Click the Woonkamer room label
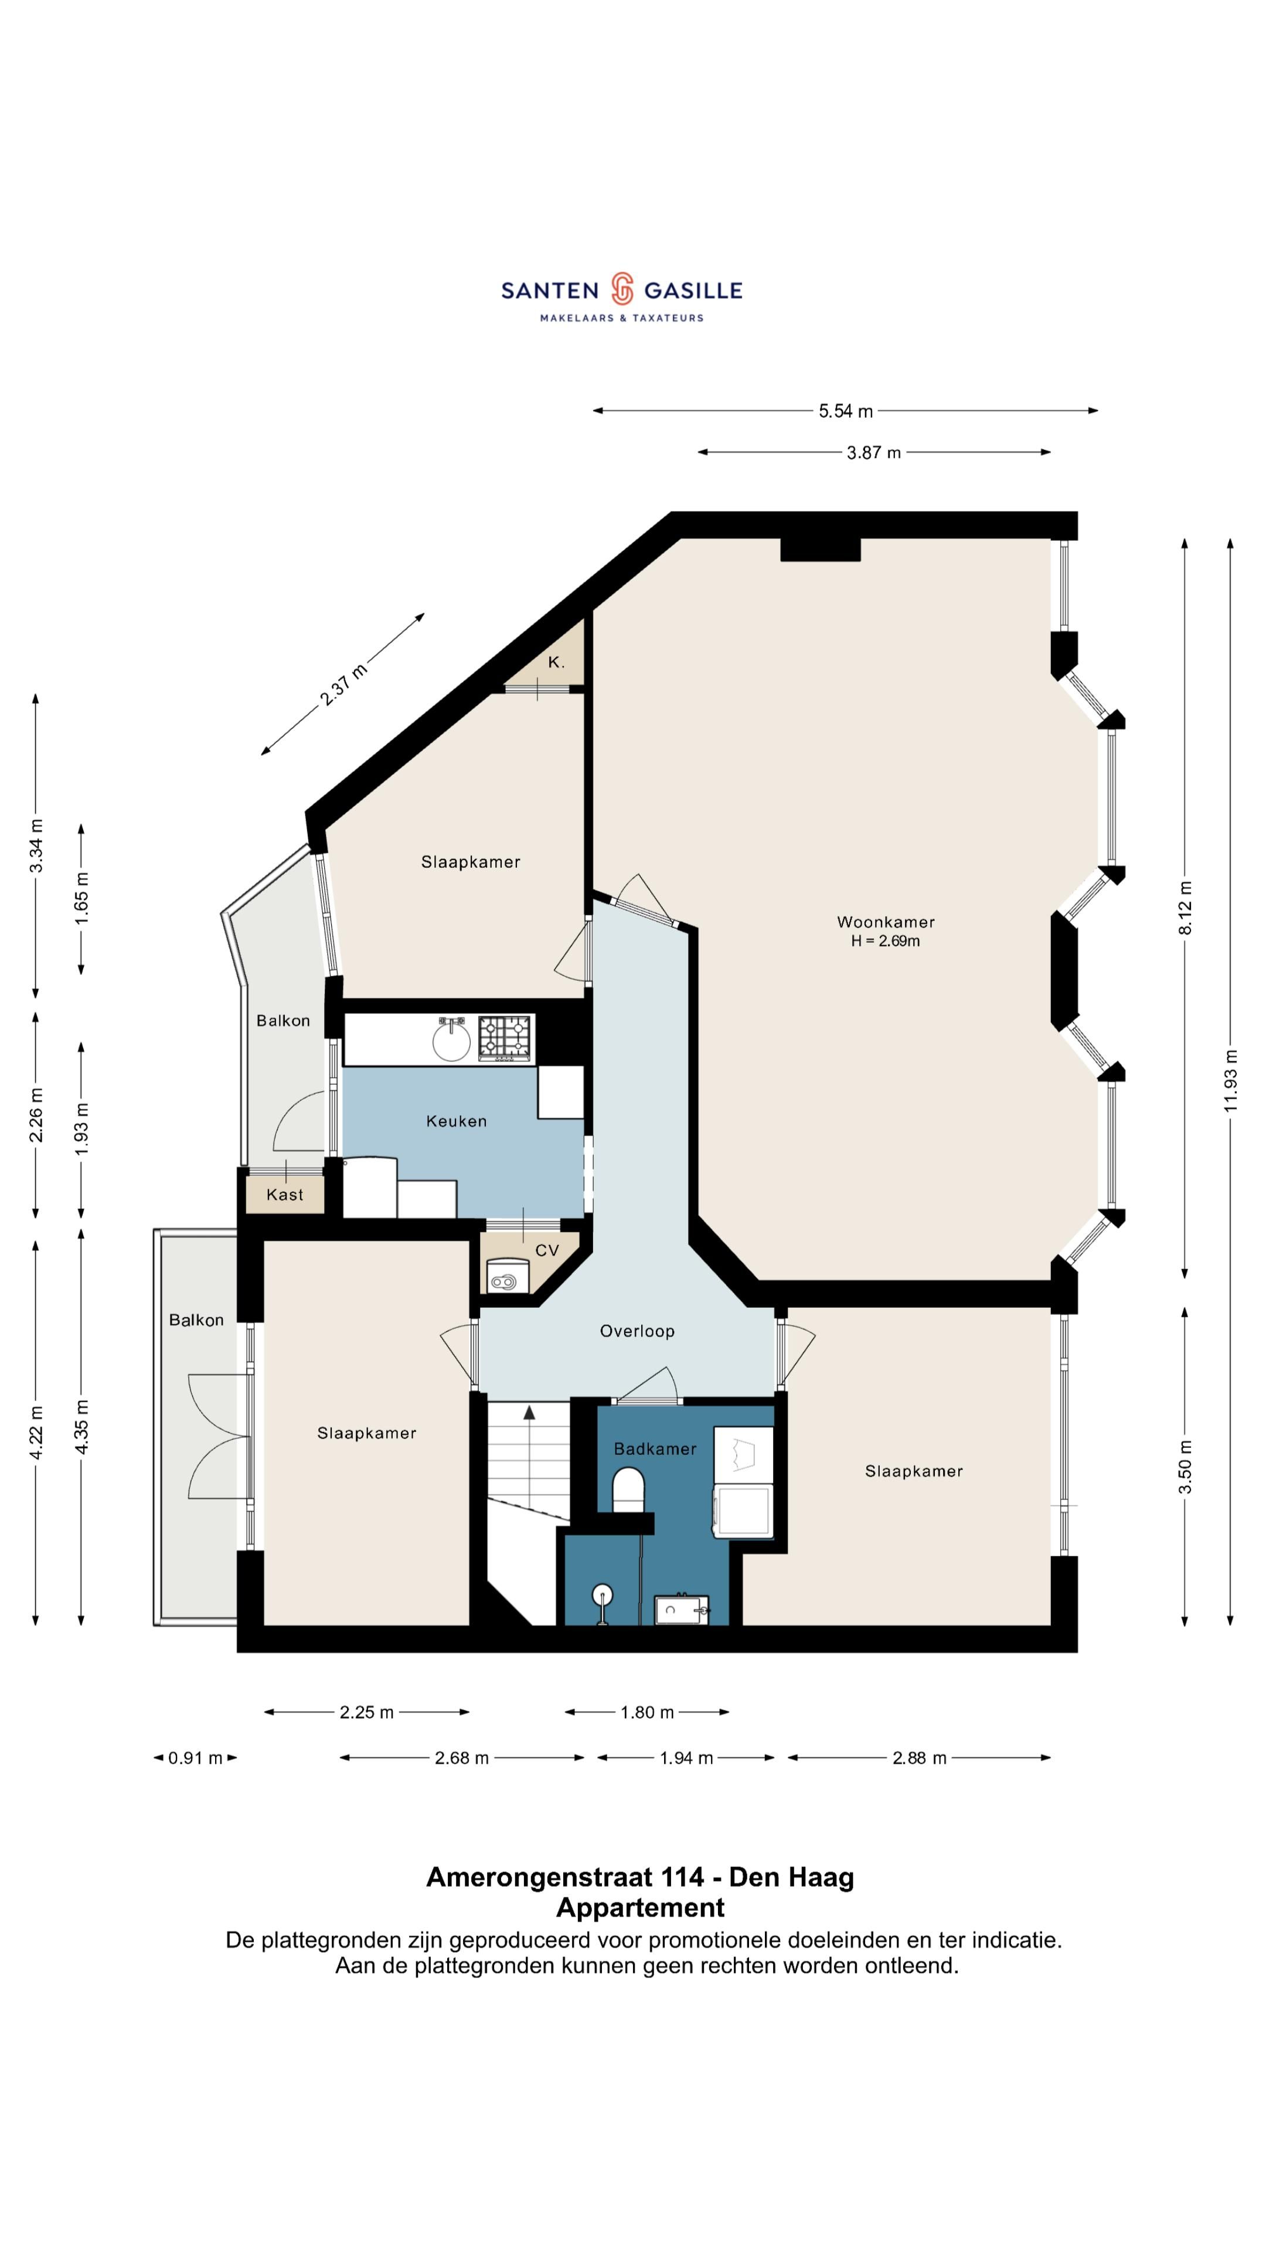(885, 922)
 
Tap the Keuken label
(456, 1121)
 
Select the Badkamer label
(655, 1449)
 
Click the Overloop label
(637, 1331)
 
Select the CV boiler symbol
(504, 1282)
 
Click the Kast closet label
(285, 1195)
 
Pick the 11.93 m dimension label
(1230, 1079)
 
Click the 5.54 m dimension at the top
(845, 411)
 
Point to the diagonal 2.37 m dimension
(343, 684)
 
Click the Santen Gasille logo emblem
(621, 288)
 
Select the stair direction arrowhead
(529, 1412)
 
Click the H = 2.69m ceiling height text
(885, 940)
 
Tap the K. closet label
(556, 662)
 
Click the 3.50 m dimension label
(1185, 1467)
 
